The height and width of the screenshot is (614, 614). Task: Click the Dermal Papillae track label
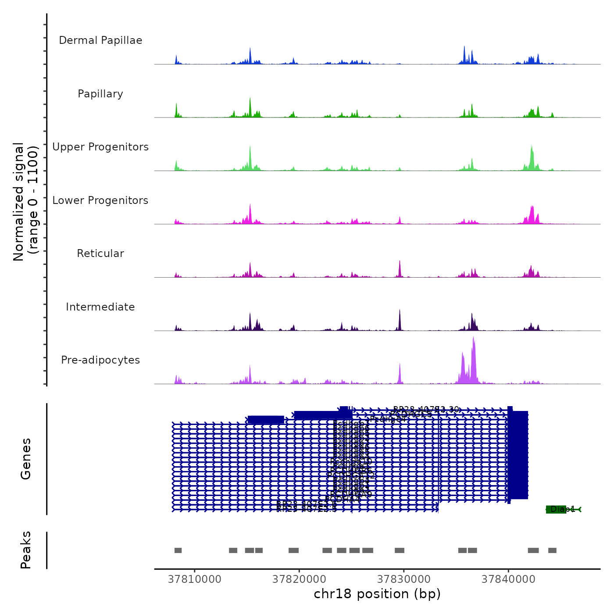pyautogui.click(x=100, y=40)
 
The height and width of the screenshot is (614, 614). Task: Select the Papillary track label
pyautogui.click(x=100, y=94)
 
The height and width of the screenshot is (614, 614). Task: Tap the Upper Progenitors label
pyautogui.click(x=100, y=147)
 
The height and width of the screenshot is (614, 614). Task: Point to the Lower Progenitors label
pyautogui.click(x=100, y=200)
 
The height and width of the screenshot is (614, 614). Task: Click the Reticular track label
pyautogui.click(x=100, y=253)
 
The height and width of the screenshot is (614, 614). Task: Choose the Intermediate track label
pyautogui.click(x=100, y=307)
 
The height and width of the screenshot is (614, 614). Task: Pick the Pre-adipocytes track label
pyautogui.click(x=100, y=360)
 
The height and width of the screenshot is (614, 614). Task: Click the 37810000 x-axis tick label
pyautogui.click(x=195, y=579)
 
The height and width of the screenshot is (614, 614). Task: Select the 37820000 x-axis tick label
pyautogui.click(x=300, y=579)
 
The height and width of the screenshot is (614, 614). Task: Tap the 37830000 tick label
pyautogui.click(x=404, y=579)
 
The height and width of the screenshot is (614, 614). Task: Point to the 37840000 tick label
pyautogui.click(x=509, y=579)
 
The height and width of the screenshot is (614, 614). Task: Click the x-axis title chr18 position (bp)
pyautogui.click(x=377, y=594)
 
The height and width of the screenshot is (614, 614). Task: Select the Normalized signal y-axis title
pyautogui.click(x=25, y=201)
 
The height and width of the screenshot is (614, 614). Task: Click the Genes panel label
pyautogui.click(x=25, y=458)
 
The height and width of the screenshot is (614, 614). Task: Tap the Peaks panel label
pyautogui.click(x=25, y=550)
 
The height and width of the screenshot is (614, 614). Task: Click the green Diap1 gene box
pyautogui.click(x=556, y=509)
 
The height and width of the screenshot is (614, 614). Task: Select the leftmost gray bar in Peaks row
pyautogui.click(x=178, y=550)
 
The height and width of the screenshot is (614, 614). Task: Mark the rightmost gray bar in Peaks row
pyautogui.click(x=552, y=550)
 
